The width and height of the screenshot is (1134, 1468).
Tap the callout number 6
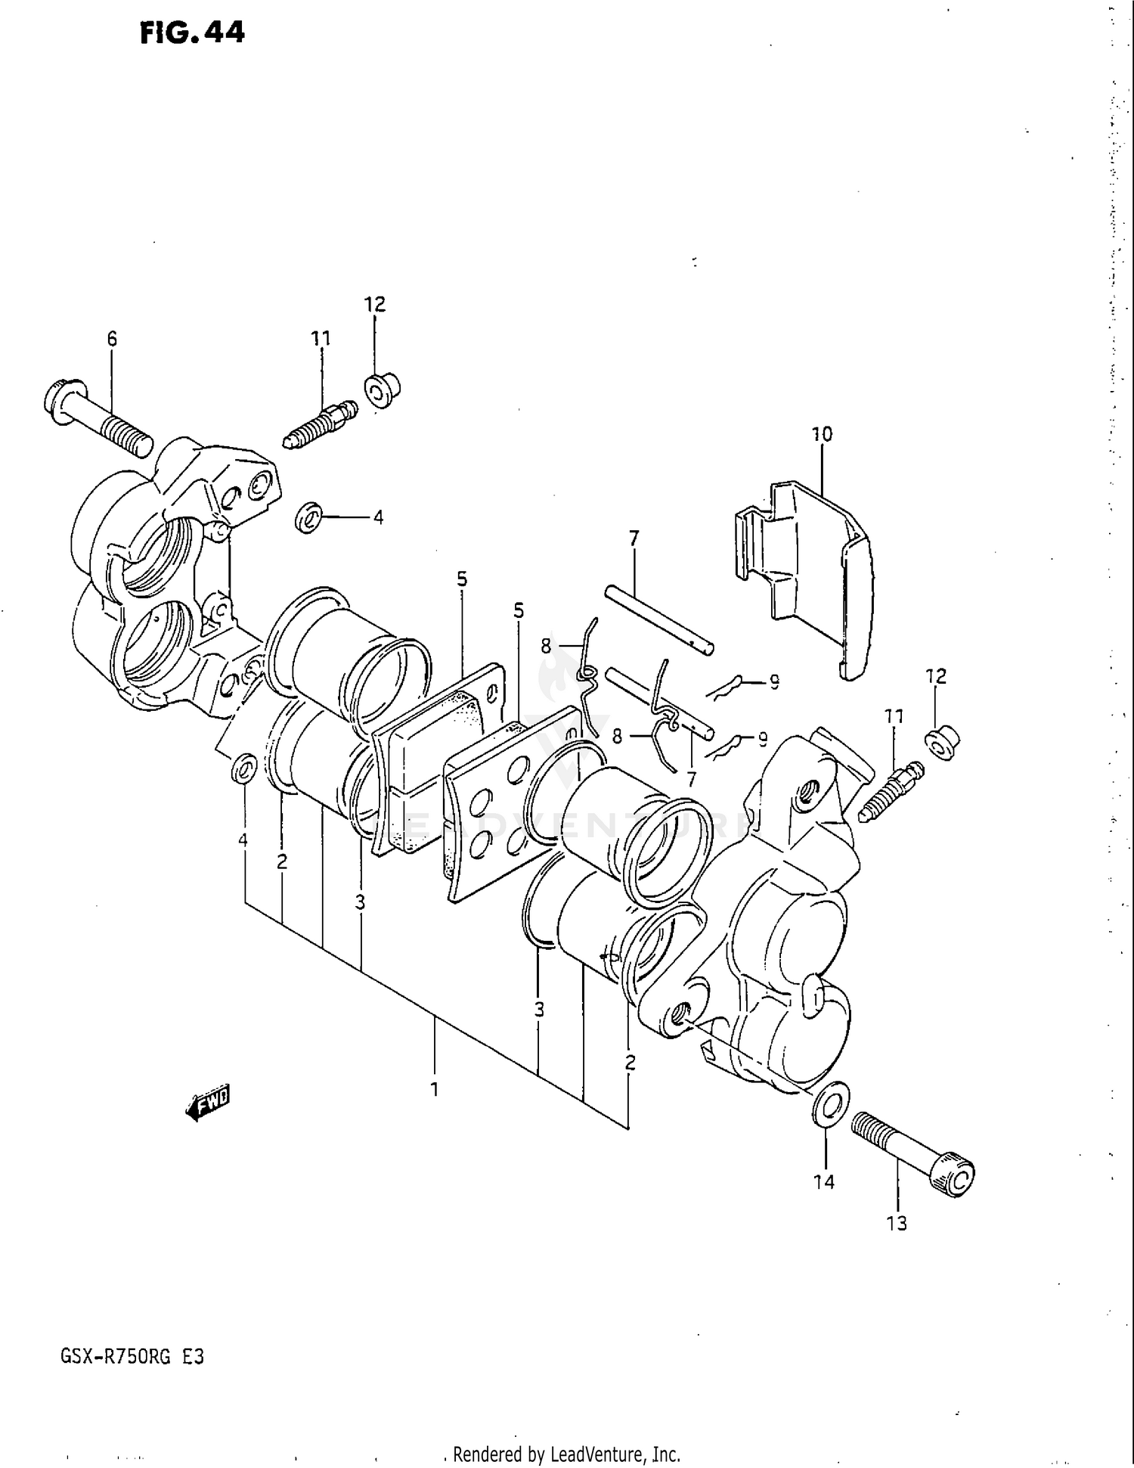112,340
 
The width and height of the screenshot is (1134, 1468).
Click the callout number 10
822,434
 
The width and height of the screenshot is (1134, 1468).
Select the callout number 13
897,1223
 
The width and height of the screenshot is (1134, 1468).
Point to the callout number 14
824,1181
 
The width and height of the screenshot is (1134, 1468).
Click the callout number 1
435,1089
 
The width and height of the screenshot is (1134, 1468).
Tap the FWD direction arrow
207,1103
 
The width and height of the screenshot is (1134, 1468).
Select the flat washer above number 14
829,1103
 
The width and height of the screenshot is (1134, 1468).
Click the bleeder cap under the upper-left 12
381,390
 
